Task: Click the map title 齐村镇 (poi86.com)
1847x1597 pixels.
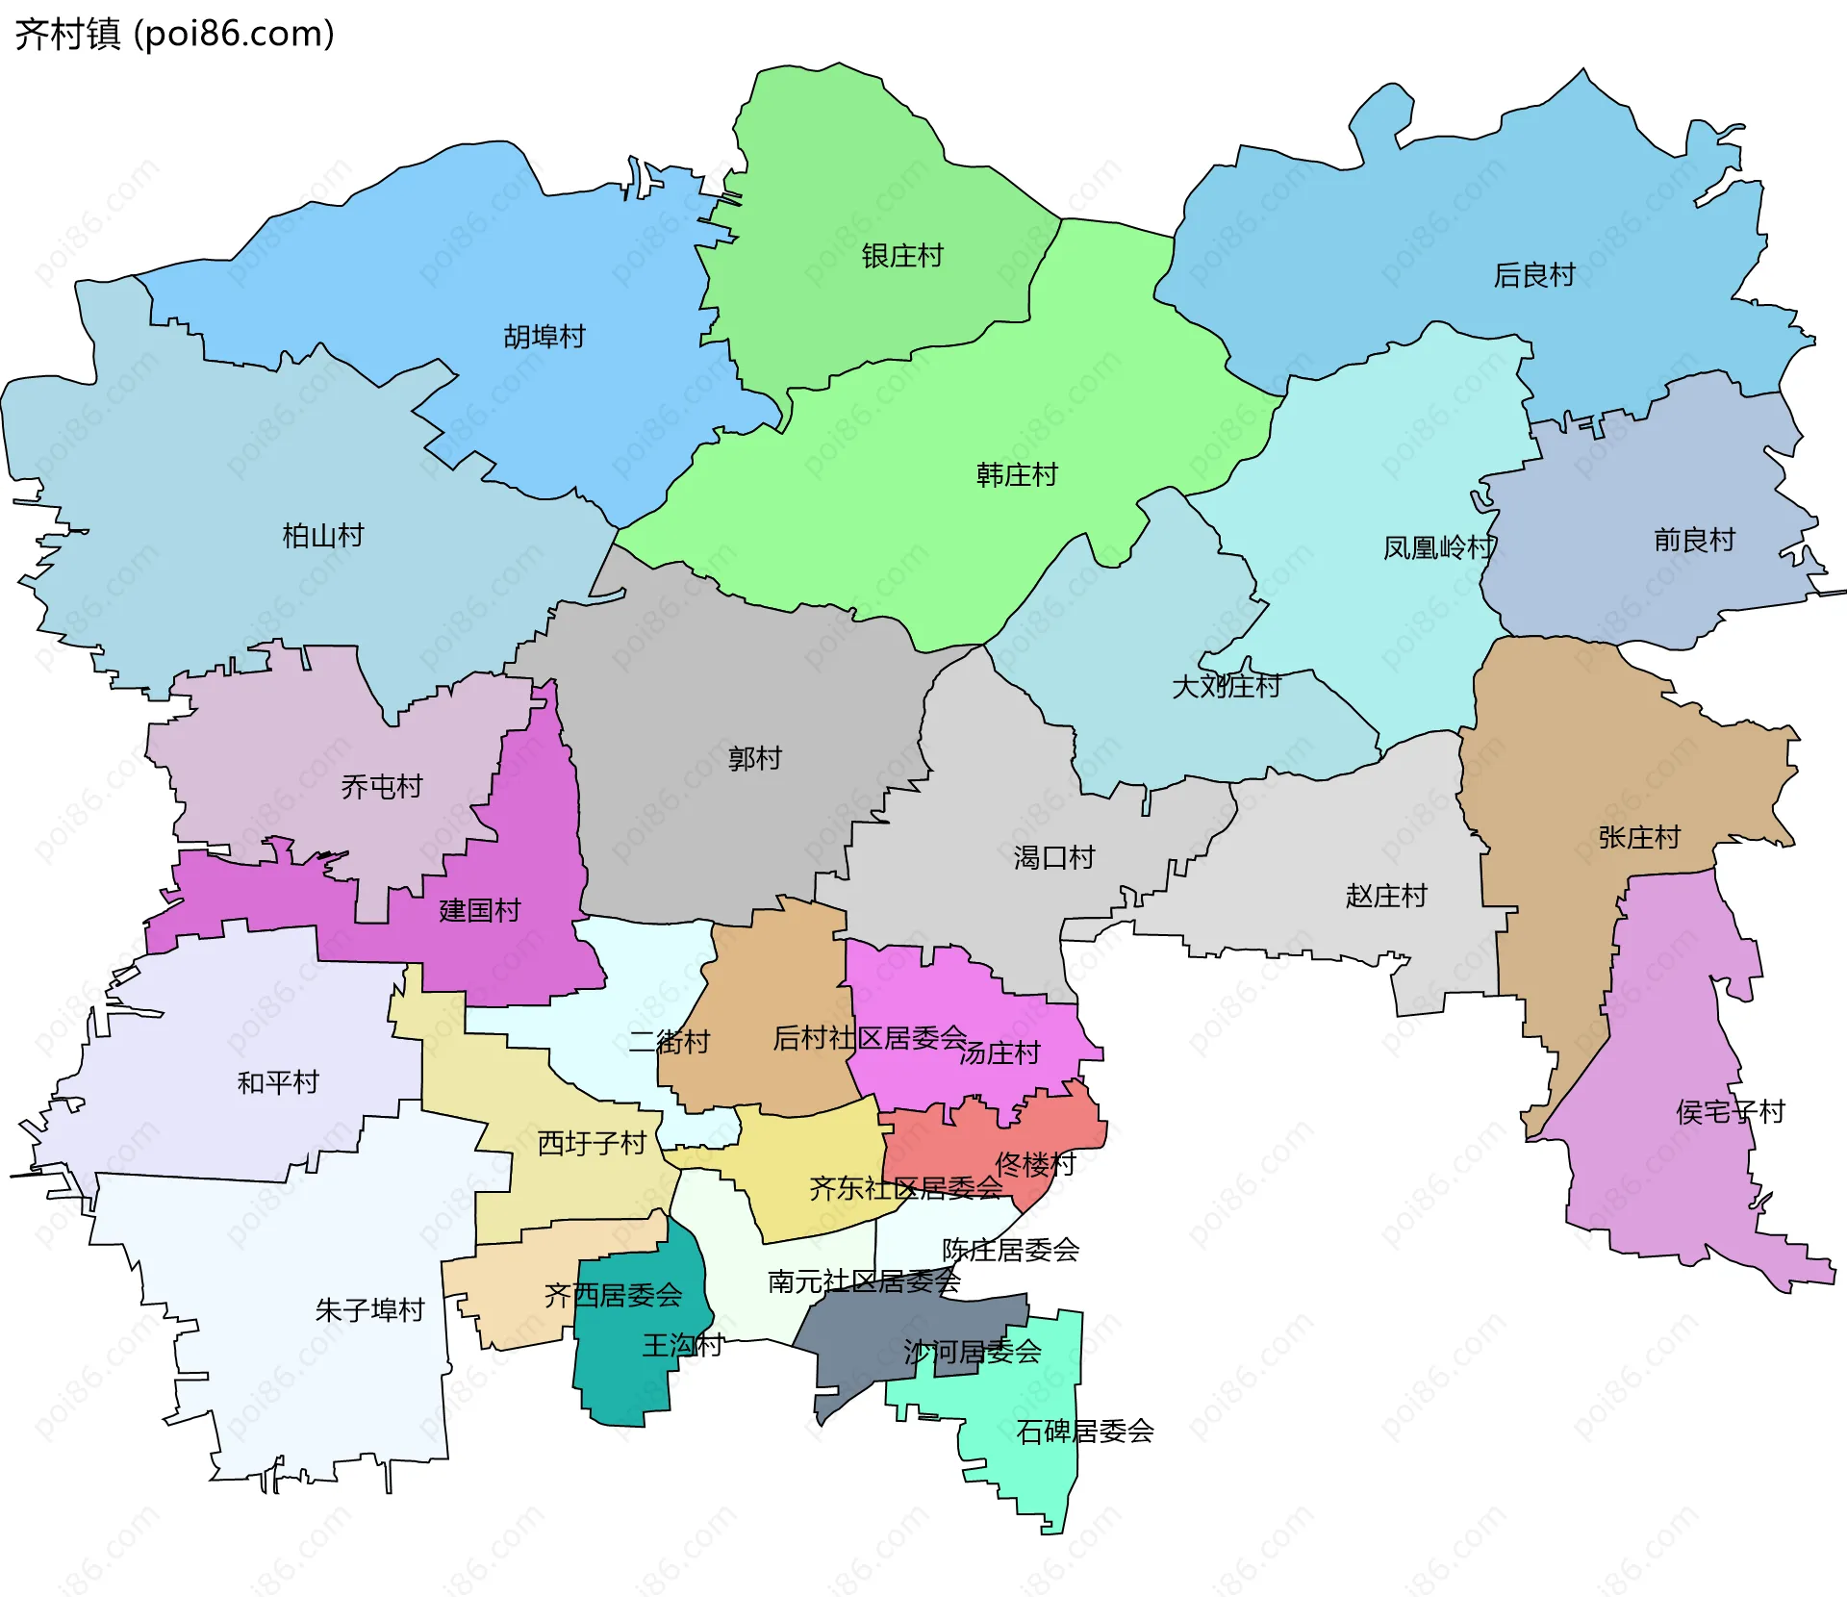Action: click(174, 34)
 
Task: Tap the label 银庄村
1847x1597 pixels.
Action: click(901, 256)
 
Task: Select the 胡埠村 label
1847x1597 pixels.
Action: click(544, 337)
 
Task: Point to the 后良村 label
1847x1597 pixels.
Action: click(1533, 275)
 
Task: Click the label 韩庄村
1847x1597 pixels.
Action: click(1016, 474)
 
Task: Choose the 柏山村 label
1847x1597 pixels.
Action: click(322, 535)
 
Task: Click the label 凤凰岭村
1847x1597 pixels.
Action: click(1438, 547)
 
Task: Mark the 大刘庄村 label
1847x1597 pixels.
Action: click(1226, 686)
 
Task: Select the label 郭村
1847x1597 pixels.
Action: click(754, 758)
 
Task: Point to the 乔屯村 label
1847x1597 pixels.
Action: click(381, 787)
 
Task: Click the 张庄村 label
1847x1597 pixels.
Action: click(1638, 837)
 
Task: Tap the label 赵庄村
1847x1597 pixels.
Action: click(1385, 896)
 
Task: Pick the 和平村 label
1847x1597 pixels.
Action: click(277, 1082)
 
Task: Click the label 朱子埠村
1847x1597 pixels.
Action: click(369, 1309)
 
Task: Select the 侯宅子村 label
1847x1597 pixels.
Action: click(1730, 1112)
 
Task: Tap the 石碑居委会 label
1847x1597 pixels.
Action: click(1084, 1432)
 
